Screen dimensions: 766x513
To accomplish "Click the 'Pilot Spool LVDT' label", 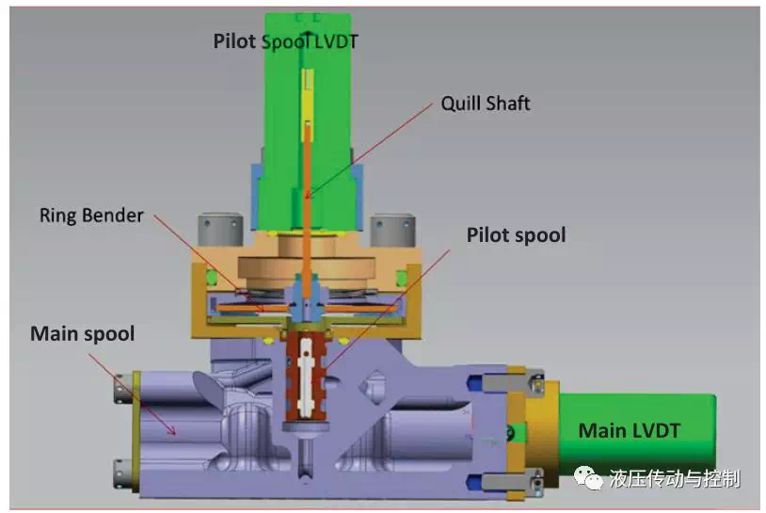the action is [286, 41].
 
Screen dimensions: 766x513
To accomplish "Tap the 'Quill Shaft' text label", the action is [485, 104].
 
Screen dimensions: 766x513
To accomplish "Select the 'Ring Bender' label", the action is [91, 216].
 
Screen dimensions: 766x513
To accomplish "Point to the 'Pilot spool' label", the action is [516, 235].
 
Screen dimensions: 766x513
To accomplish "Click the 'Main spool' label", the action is [83, 334].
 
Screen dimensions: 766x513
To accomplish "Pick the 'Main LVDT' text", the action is [630, 431].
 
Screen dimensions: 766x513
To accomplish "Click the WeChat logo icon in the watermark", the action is [588, 478].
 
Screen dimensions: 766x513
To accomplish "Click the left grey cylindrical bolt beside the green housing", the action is [220, 229].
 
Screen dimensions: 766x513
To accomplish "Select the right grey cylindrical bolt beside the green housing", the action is [393, 229].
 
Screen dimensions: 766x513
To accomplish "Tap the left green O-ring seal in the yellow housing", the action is [212, 278].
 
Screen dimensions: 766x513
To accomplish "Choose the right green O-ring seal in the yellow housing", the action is [402, 278].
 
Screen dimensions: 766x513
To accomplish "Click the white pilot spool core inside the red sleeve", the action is [306, 377].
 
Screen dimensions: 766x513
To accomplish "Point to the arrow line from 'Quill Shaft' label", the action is [369, 151].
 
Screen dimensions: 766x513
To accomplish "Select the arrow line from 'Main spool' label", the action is [132, 394].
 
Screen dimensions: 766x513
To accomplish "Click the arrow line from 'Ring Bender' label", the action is [209, 263].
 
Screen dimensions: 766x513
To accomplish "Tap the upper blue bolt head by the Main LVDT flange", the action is [474, 383].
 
